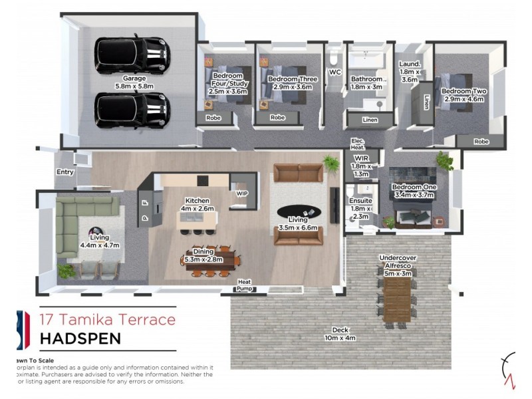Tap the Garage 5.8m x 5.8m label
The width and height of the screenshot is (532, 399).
133,82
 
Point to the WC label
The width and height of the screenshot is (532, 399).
334,72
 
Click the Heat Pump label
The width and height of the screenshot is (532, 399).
245,285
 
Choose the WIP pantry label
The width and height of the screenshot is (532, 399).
242,194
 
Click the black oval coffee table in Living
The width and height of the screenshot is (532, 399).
303,211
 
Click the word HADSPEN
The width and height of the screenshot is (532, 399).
80,338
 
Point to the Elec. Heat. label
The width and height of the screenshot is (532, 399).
358,144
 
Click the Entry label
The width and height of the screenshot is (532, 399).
65,172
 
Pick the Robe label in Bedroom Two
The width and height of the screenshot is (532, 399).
481,141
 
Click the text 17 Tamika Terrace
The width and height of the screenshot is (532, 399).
108,319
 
